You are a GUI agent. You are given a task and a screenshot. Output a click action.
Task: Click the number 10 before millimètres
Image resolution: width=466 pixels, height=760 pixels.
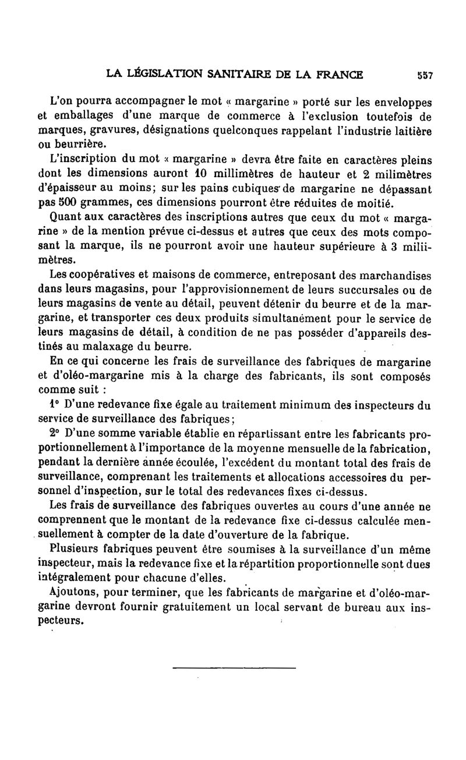coord(197,173)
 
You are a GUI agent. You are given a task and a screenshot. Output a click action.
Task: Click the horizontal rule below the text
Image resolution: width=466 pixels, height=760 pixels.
coord(234,667)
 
